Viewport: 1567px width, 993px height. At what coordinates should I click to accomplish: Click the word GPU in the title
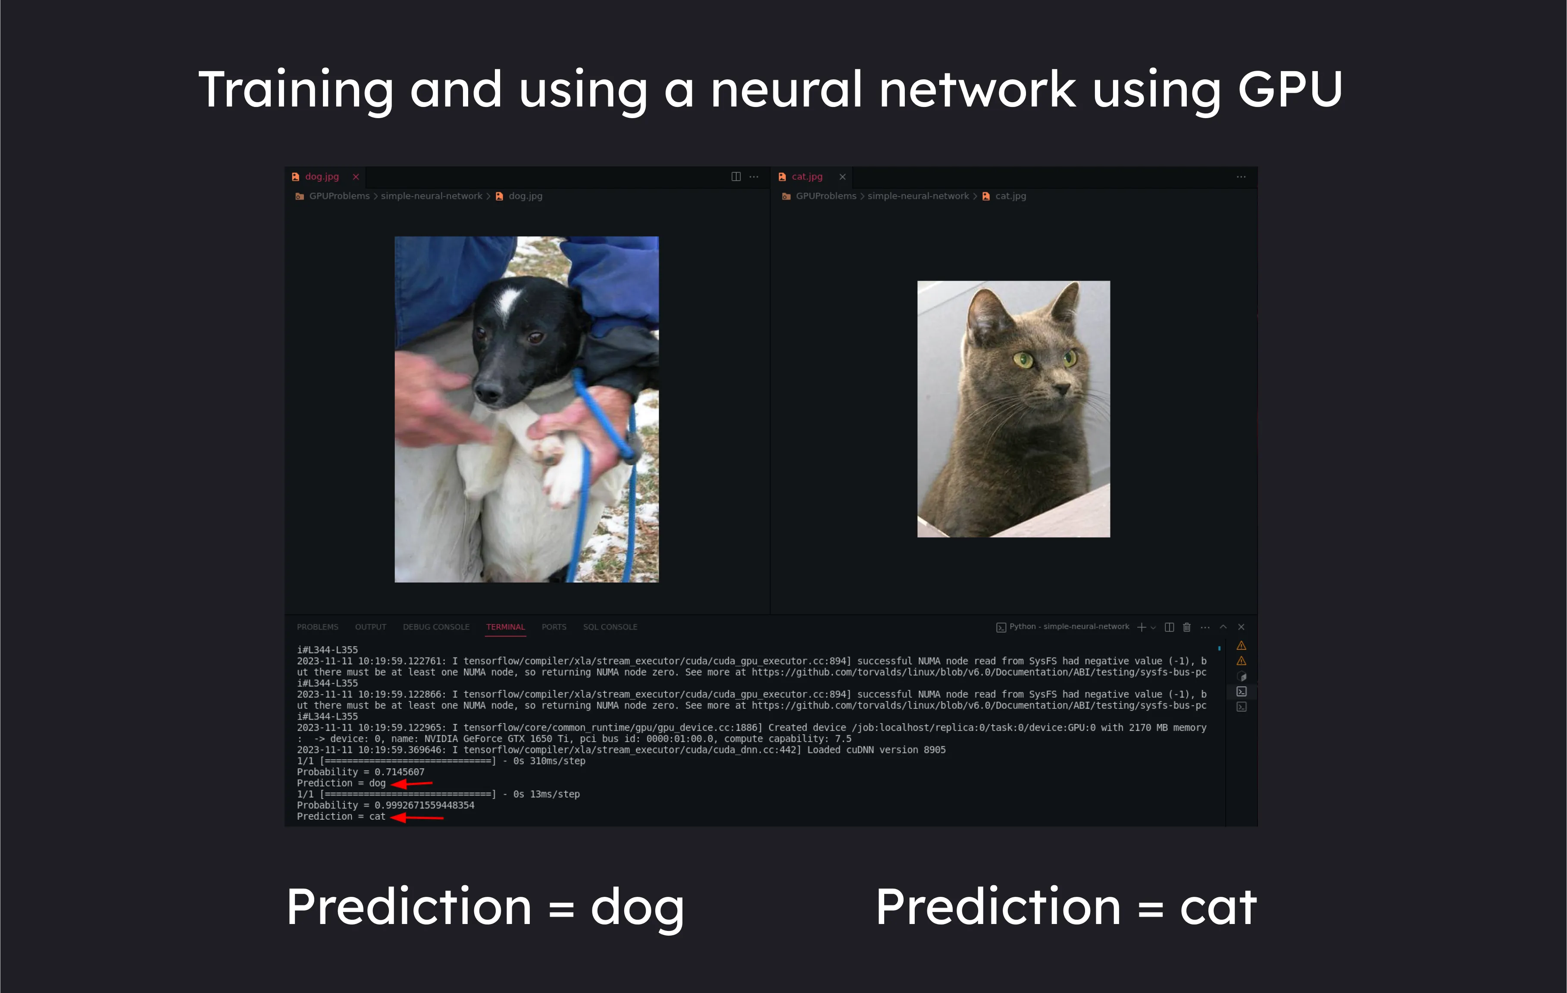[1290, 89]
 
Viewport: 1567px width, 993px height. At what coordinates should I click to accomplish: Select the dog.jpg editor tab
[322, 176]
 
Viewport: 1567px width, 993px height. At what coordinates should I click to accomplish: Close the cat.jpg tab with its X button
[842, 176]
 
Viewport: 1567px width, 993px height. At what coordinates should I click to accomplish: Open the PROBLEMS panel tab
[318, 626]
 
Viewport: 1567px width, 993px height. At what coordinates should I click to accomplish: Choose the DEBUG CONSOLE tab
[436, 626]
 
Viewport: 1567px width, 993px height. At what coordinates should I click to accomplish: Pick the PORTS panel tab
[554, 626]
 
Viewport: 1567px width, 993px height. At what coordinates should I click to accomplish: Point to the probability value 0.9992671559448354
[424, 805]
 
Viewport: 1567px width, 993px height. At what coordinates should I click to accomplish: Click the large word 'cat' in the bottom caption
[1218, 907]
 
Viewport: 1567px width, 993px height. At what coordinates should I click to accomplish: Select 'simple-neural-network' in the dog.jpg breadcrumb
[432, 196]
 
